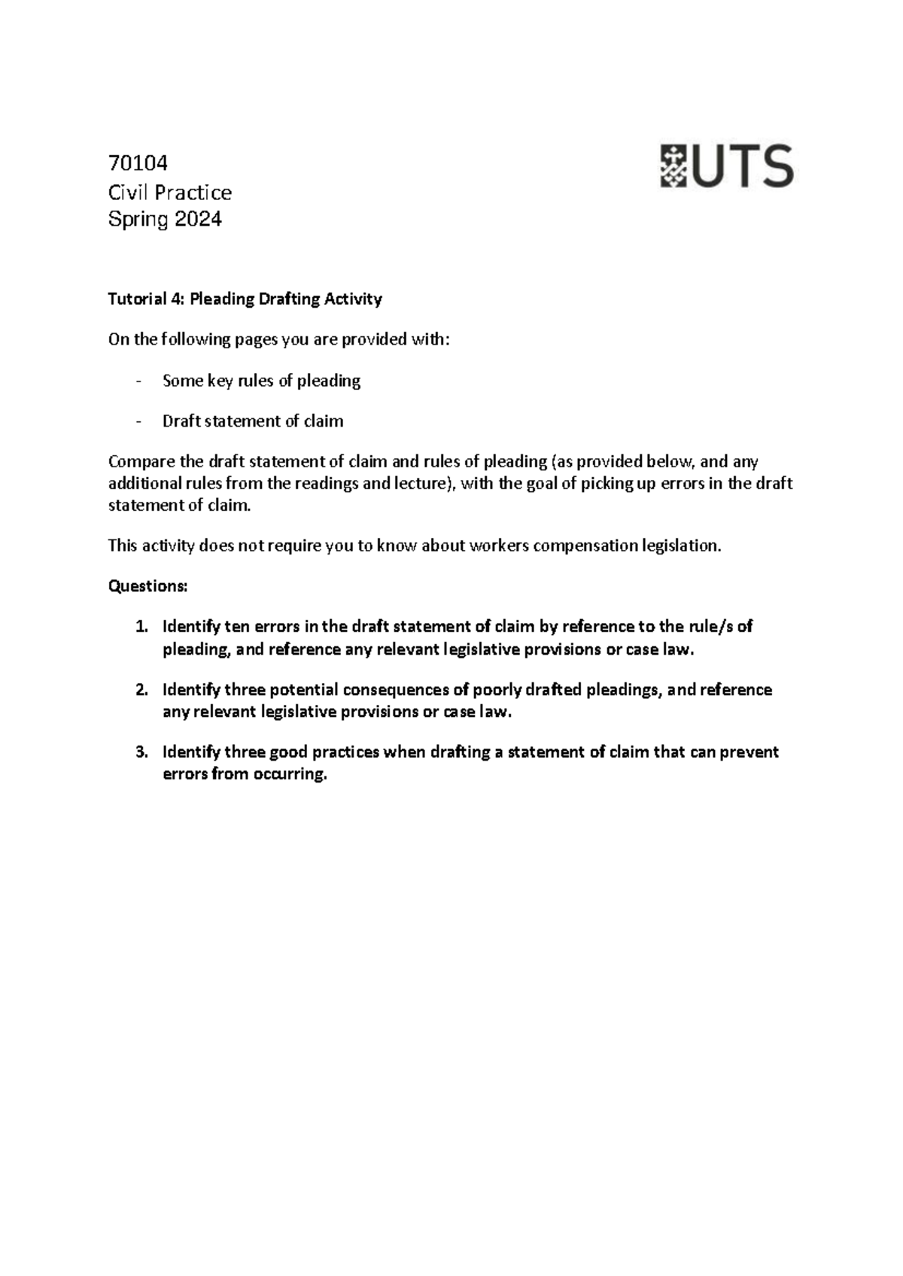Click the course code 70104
138,163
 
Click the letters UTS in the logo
743,166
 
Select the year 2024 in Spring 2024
198,220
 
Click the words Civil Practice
170,193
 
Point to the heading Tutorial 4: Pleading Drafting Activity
245,299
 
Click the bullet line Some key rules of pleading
261,381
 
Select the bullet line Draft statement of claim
253,421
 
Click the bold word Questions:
147,586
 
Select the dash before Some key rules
138,381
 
